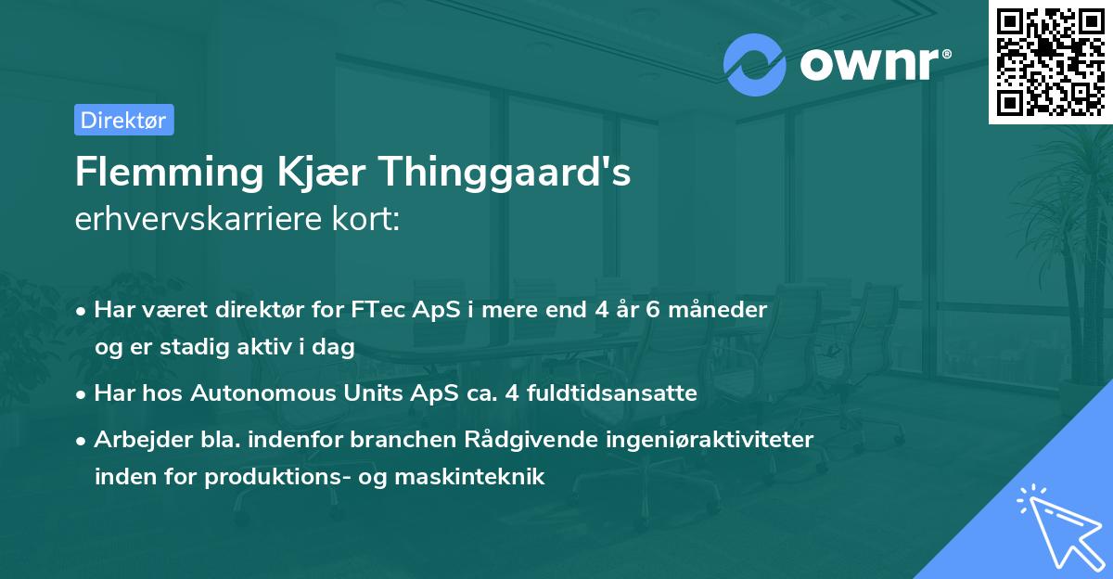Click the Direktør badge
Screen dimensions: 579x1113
tap(123, 120)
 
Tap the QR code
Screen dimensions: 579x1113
tap(1050, 61)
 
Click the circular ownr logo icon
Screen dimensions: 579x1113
tap(754, 64)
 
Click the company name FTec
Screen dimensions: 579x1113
tap(378, 310)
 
